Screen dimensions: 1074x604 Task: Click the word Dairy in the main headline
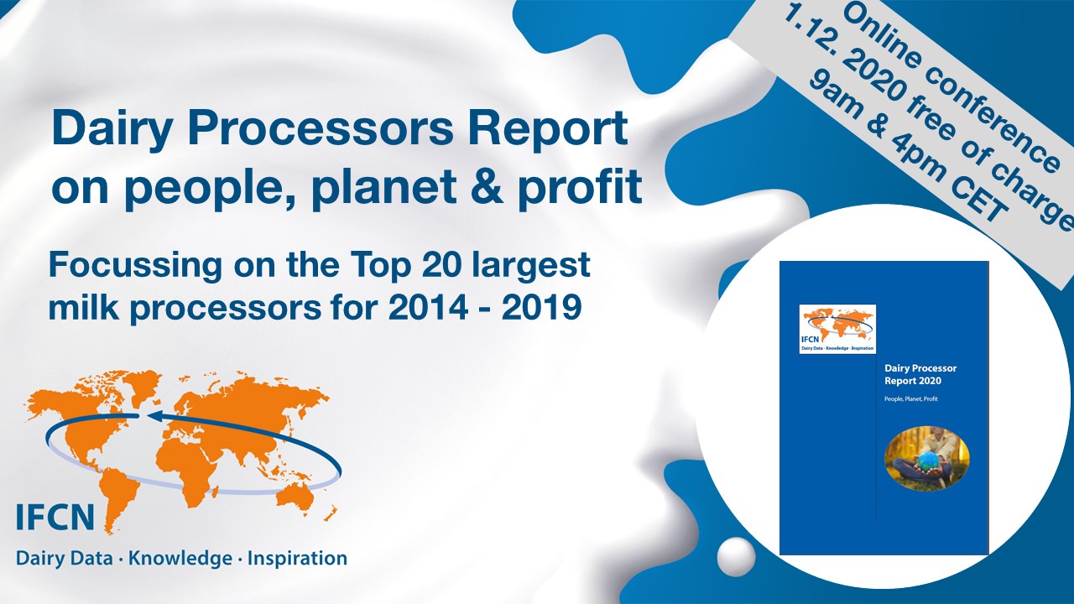112,129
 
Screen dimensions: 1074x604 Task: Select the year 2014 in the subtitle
428,307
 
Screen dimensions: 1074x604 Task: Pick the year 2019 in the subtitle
542,307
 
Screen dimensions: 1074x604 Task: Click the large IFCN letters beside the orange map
55,517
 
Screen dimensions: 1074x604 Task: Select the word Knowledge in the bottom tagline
180,560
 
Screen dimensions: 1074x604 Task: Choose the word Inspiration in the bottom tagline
297,560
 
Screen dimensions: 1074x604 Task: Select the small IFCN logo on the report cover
837,330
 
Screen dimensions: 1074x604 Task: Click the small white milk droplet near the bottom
736,556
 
